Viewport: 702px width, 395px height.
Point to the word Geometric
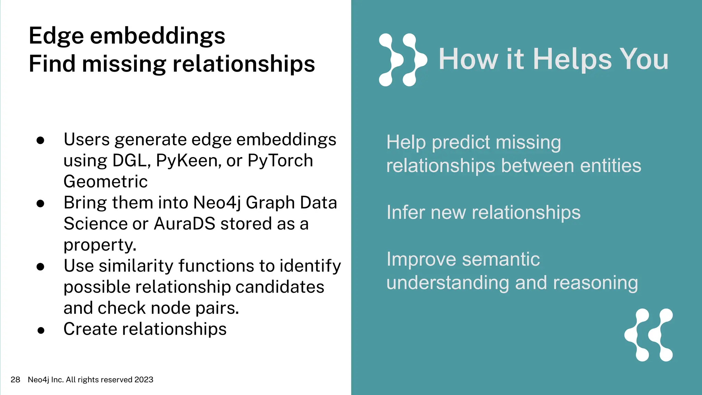[106, 181]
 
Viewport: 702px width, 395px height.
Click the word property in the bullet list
[99, 245]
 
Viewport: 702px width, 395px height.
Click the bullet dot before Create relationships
[41, 330]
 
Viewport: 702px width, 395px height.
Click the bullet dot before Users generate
[40, 140]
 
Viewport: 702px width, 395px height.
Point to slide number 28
[15, 380]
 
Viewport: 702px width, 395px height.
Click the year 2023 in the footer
[144, 380]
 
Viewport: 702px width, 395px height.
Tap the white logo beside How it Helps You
[402, 60]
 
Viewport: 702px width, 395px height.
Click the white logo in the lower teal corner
[649, 335]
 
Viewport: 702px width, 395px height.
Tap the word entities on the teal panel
[610, 166]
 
